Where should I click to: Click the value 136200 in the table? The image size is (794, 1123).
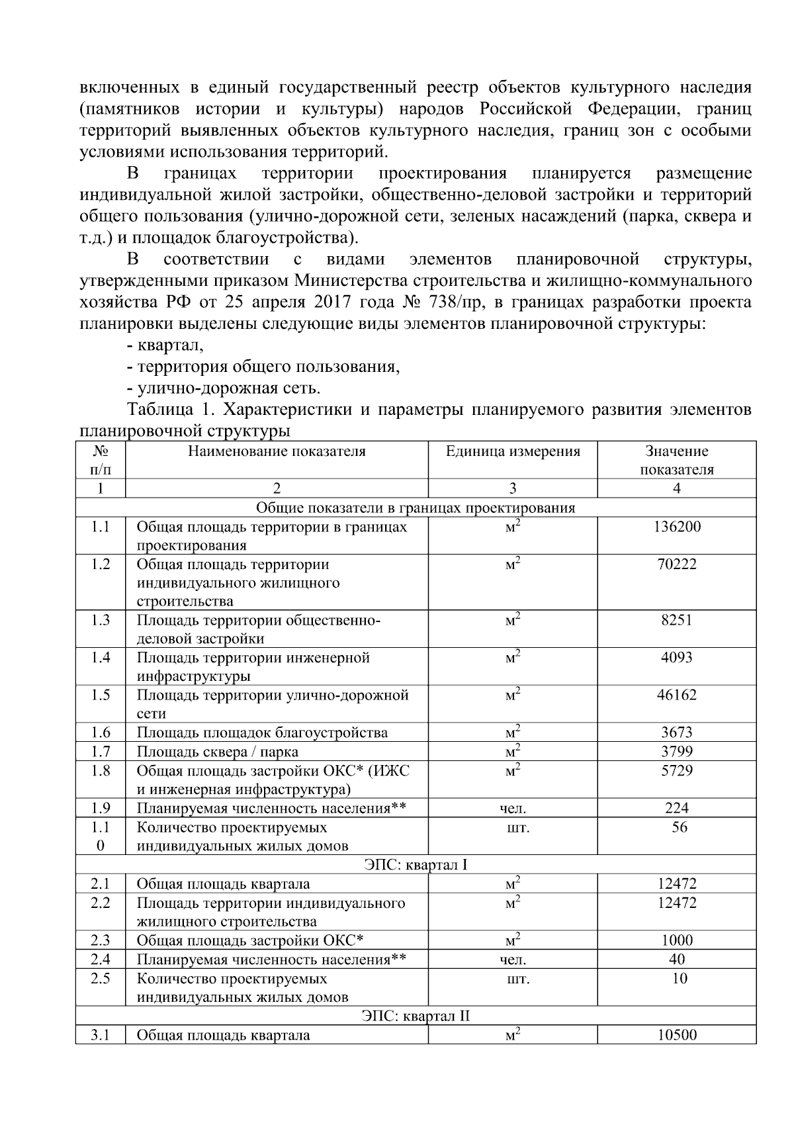point(676,527)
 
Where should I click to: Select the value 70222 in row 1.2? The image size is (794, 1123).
point(676,564)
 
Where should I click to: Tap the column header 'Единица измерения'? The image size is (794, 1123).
point(513,451)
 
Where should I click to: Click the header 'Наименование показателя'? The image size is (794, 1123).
point(277,451)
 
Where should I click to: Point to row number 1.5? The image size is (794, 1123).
point(100,695)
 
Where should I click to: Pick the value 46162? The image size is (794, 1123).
point(676,695)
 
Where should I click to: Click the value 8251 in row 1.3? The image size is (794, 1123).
point(676,620)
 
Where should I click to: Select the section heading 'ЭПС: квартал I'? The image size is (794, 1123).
point(416,864)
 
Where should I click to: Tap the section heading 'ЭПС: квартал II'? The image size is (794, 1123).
point(416,1015)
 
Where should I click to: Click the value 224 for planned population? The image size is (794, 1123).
point(676,808)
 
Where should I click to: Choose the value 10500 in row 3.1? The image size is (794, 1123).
point(676,1035)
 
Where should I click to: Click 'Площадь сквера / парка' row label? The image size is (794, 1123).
point(217,752)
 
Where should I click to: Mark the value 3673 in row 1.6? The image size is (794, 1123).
point(676,733)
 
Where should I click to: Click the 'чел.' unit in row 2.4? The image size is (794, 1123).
point(513,960)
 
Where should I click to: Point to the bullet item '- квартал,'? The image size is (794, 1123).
point(165,345)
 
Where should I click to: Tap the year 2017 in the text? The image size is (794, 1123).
point(333,302)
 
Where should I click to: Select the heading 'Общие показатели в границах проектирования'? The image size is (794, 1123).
point(416,508)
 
